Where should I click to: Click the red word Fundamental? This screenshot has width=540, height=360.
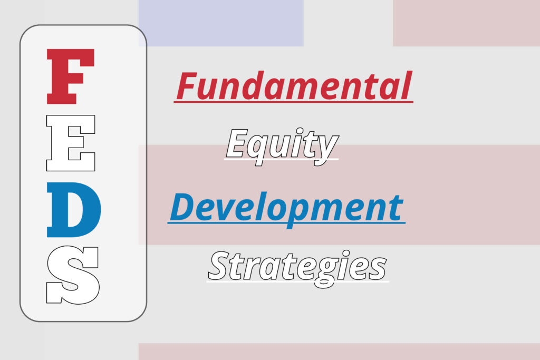pyautogui.click(x=293, y=86)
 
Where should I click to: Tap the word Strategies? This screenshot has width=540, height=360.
pyautogui.click(x=297, y=266)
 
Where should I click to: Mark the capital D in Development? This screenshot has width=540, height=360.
pyautogui.click(x=182, y=207)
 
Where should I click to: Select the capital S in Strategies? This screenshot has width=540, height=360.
pyautogui.click(x=220, y=266)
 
